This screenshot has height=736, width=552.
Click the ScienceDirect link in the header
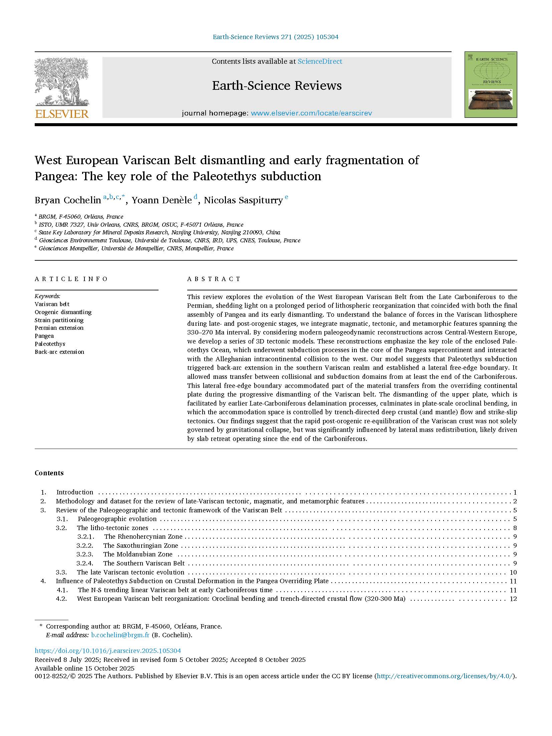coord(320,61)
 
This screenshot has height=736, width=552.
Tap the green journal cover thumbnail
coord(491,84)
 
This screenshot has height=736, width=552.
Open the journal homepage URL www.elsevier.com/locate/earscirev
coord(311,113)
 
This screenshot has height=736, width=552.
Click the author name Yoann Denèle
coord(162,200)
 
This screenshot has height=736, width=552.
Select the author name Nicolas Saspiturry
coord(243,200)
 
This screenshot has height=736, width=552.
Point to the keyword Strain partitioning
coord(59,320)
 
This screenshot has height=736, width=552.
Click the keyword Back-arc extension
coord(59,352)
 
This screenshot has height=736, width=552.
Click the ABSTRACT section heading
coord(214,279)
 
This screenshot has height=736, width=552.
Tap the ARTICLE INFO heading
coord(71,279)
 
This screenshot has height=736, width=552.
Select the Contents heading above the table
coord(49,473)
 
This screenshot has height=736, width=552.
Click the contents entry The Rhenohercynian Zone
coord(143,537)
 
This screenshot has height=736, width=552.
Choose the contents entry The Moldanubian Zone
coord(138,554)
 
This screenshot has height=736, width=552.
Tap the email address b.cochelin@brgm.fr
coord(120,635)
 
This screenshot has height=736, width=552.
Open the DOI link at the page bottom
coord(108,651)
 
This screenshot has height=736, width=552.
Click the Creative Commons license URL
coord(445,676)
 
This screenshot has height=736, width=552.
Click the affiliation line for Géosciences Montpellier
coord(136,248)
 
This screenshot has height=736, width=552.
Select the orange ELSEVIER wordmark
coord(62,114)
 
